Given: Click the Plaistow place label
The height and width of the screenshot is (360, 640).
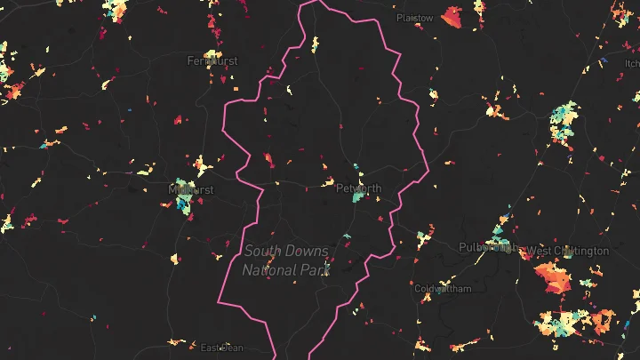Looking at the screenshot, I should click(x=415, y=18).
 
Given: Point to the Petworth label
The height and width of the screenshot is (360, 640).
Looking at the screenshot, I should click(x=358, y=188).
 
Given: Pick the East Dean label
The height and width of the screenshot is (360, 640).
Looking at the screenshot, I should click(x=221, y=348).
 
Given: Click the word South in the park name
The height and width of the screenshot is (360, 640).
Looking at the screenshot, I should click(x=263, y=252).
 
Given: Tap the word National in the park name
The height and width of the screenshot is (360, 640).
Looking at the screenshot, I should click(x=271, y=269).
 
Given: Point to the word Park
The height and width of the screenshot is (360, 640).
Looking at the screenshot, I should click(x=315, y=269).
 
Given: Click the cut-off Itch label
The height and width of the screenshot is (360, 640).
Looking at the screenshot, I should click(x=632, y=63).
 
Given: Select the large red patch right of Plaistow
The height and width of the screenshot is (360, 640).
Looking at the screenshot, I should click(x=453, y=17).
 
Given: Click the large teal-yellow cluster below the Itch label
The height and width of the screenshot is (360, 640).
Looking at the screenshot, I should click(x=564, y=120).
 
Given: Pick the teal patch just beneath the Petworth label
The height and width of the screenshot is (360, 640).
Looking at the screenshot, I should click(x=356, y=198).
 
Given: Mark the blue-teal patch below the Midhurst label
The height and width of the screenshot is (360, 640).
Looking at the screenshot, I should click(x=183, y=204).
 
